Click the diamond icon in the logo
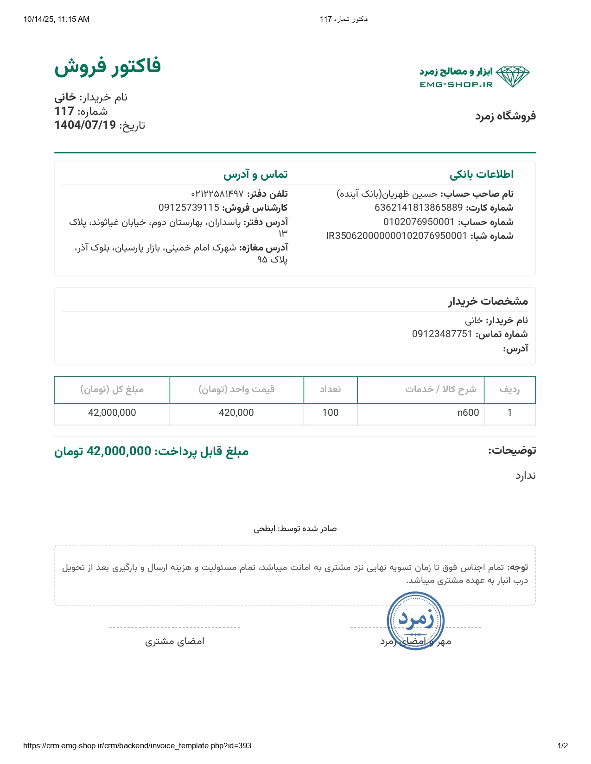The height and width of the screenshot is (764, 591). coord(512,76)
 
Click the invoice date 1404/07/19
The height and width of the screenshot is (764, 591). coord(85,125)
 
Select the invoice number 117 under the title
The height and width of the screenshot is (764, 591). coord(64,111)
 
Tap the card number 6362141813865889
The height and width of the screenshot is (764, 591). coord(419,207)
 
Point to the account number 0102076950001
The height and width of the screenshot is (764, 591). coord(419,222)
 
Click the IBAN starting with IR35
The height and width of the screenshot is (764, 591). coord(397,236)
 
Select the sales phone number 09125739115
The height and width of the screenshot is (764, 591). coord(189,207)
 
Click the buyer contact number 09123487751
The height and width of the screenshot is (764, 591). coord(442,334)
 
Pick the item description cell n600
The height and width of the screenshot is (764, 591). coord(468,413)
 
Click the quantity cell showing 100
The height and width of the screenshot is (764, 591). coord(330,413)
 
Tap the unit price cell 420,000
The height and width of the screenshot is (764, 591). coord(236,413)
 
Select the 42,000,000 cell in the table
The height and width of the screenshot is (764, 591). coord(112,413)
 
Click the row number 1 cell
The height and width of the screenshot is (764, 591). coord(509,413)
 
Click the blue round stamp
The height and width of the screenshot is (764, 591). coord(416,620)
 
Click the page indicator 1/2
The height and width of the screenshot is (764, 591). coord(562,745)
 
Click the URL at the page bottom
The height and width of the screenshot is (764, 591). coord(137,745)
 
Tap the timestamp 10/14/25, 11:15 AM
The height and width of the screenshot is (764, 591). coord(57,19)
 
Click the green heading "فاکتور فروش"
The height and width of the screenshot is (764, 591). coord(108,66)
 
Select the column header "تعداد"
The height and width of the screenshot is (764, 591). coord(330,389)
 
